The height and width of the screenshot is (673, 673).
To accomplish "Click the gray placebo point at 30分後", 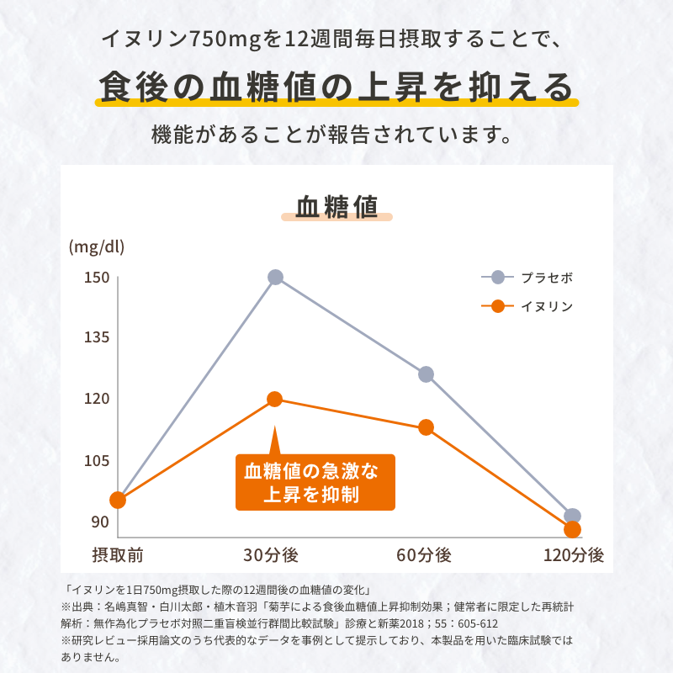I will coord(275,277).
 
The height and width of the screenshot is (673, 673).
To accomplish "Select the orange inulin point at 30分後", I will coord(275,399).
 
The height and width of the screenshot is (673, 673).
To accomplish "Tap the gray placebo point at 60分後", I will coord(426,374).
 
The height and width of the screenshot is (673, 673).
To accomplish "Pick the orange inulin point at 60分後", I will coord(426,427).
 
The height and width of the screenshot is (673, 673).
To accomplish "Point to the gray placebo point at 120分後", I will coord(572,517).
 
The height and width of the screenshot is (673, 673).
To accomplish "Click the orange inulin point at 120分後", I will coord(572,530).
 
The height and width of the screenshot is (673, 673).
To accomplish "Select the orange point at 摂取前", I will coord(118,501).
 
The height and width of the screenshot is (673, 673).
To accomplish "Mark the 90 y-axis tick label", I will coord(100,522).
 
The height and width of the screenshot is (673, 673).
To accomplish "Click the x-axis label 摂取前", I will coord(118,555).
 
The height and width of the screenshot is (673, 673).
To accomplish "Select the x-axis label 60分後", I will coord(424,555).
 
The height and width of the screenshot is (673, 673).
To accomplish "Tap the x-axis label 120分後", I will coord(574,555).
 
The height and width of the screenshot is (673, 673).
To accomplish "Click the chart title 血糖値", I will coord(336,206).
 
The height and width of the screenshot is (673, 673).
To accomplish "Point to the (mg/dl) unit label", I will coord(96,246).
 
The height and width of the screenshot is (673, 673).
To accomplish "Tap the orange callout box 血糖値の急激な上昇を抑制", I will coord(315,483).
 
